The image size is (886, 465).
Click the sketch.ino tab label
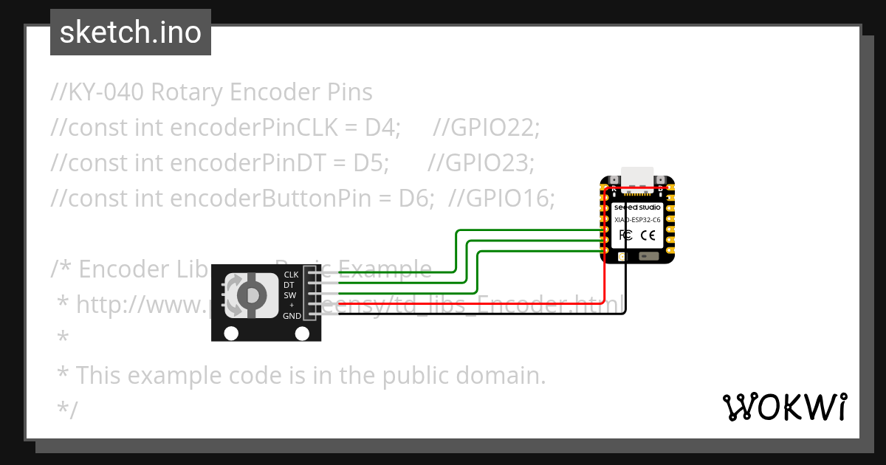click(x=130, y=32)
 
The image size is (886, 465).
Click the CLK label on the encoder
click(x=291, y=275)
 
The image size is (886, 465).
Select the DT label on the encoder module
click(x=289, y=285)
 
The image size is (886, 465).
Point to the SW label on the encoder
click(x=290, y=295)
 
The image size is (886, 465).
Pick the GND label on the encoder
click(x=292, y=316)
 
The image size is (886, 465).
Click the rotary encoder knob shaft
click(x=252, y=295)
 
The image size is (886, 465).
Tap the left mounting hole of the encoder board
click(x=231, y=334)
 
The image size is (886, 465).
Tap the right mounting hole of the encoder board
click(x=302, y=334)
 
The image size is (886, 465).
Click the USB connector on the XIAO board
click(x=637, y=177)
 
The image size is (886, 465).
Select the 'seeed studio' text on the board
click(x=637, y=207)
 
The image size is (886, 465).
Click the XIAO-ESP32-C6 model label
click(x=637, y=220)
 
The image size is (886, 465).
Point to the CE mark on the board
click(x=648, y=235)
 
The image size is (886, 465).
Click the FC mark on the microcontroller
click(x=625, y=235)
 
